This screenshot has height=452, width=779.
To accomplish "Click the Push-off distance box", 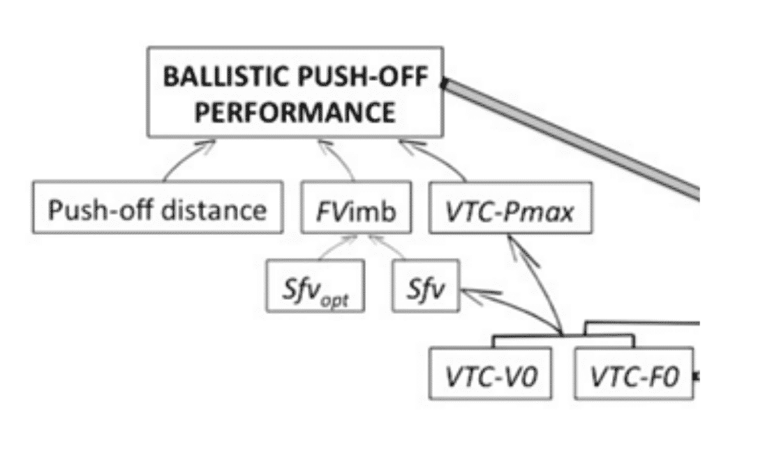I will (x=157, y=207).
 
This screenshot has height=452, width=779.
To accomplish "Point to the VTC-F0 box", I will (x=634, y=374).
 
